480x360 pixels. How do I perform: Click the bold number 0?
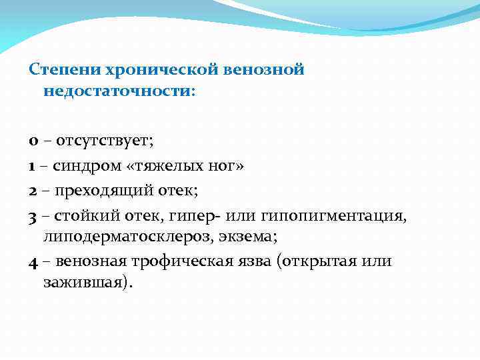(x=33, y=141)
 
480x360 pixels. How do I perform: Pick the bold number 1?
(x=33, y=166)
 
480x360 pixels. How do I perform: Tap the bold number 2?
(x=33, y=191)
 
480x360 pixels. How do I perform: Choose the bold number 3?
(x=33, y=215)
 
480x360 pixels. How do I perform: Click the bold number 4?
(x=33, y=261)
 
